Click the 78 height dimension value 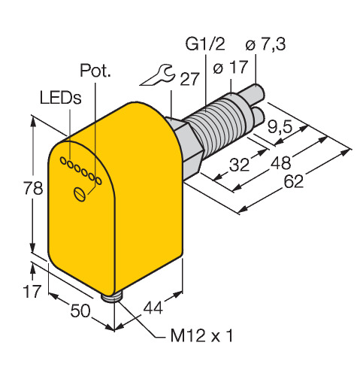click(x=33, y=188)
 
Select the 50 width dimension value click(x=80, y=311)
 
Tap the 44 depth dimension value click(x=153, y=308)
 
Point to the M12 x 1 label click(x=201, y=335)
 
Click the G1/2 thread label click(x=205, y=44)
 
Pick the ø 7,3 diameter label click(x=265, y=44)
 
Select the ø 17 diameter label click(x=231, y=67)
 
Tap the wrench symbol click(x=157, y=75)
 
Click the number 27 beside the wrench click(x=189, y=79)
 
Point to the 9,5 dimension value click(x=280, y=126)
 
